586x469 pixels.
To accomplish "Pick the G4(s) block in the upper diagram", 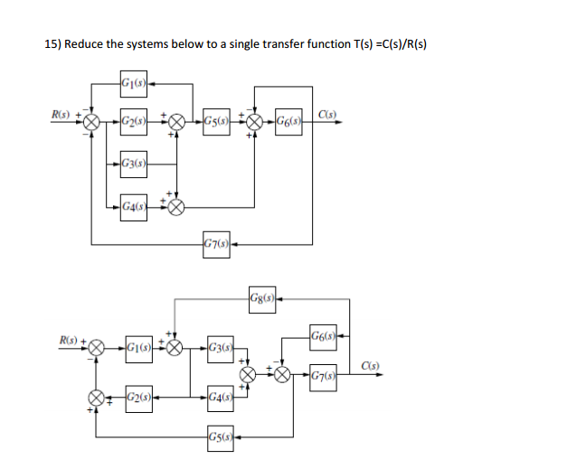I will point(133,206).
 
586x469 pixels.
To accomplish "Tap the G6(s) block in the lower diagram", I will point(323,338).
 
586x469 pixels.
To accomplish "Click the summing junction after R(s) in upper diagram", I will point(92,120).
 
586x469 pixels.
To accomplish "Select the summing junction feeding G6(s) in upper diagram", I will point(256,120).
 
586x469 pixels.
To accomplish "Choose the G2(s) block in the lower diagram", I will point(138,398).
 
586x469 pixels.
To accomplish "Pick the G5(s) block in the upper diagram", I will point(217,120).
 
